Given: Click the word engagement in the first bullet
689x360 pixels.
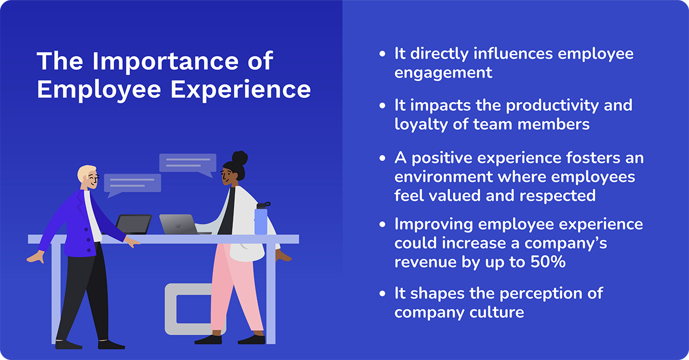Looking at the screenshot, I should [443, 72].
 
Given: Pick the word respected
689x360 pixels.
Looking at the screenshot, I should [558, 195].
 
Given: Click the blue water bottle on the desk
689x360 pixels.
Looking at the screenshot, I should [261, 218].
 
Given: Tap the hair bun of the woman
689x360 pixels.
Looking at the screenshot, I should [240, 157].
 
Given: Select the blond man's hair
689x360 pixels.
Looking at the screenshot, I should [88, 172].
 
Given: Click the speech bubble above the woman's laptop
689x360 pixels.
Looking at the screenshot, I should [188, 164].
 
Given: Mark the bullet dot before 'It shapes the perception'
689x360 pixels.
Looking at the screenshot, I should [383, 294].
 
